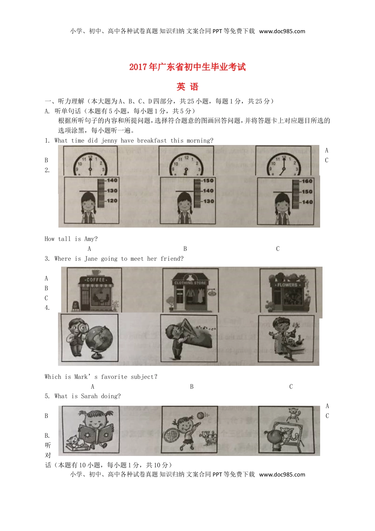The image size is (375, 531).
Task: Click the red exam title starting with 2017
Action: click(187, 67)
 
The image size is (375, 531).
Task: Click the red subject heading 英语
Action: click(187, 87)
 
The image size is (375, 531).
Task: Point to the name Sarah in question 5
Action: click(89, 396)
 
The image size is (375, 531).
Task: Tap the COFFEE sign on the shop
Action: click(96, 280)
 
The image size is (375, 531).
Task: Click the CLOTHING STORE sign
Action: click(190, 283)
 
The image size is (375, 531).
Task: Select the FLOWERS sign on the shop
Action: click(287, 284)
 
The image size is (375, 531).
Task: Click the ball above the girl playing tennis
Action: click(201, 415)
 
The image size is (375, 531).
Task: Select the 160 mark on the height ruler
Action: click(307, 181)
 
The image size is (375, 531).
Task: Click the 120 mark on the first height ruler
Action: click(112, 201)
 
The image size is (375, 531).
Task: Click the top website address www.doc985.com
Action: click(282, 31)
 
